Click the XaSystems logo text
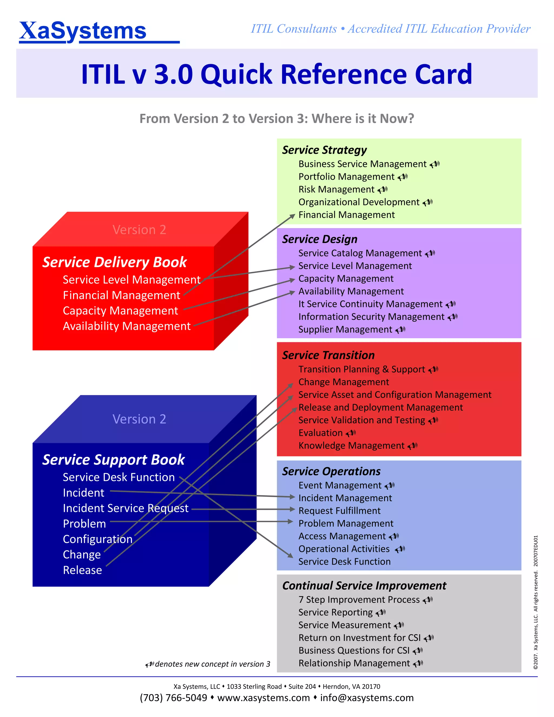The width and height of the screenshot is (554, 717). (83, 31)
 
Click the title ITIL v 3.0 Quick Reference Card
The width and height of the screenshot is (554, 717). (277, 74)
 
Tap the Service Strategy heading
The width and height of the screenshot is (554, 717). (324, 150)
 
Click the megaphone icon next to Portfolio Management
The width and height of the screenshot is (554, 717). (403, 177)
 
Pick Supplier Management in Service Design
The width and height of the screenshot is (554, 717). (345, 329)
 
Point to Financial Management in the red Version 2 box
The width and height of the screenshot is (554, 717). (121, 295)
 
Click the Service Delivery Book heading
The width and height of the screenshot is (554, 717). (114, 262)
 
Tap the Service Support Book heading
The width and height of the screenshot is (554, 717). (114, 460)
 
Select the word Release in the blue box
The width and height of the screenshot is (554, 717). (83, 570)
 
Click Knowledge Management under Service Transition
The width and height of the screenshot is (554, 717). (351, 446)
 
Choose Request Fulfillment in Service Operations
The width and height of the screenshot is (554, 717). (339, 511)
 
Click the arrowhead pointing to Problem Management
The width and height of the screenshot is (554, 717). (290, 521)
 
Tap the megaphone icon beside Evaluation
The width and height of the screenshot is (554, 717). (351, 433)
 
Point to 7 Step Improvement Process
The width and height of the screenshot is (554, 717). (359, 600)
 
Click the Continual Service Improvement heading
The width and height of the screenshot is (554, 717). (364, 586)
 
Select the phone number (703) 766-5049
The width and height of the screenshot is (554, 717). (173, 698)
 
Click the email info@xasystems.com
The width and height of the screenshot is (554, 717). (367, 698)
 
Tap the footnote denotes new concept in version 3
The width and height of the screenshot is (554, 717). (212, 664)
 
